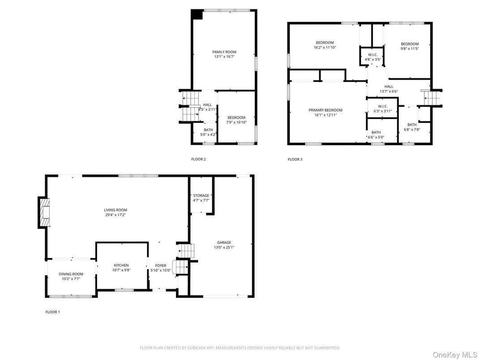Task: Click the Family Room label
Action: (224, 52)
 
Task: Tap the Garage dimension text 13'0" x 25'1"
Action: (224, 247)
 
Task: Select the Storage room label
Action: (201, 196)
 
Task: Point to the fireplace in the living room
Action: (44, 213)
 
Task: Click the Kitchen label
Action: (121, 266)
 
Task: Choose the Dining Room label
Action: (71, 274)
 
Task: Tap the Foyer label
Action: (160, 266)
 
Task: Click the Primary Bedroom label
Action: (325, 110)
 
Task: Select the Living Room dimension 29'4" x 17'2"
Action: (116, 215)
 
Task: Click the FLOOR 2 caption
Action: (198, 159)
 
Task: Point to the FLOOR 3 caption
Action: (295, 159)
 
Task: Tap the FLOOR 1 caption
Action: (52, 312)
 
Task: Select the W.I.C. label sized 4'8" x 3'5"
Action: (373, 55)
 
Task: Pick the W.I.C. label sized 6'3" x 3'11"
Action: (382, 106)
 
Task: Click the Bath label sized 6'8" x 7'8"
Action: (411, 124)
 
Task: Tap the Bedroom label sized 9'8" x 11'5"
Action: (409, 44)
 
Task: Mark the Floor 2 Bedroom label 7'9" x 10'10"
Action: (236, 117)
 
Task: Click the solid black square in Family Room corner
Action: (197, 15)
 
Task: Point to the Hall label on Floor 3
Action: (388, 86)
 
